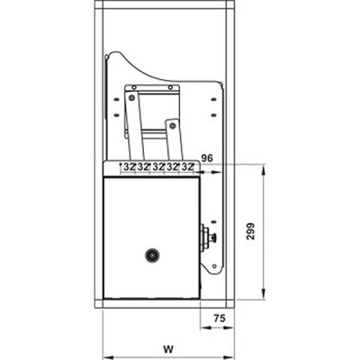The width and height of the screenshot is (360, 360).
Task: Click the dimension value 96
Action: coord(206,158)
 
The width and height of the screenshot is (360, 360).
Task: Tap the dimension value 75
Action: coord(219,317)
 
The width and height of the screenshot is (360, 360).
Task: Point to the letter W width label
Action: coord(167,344)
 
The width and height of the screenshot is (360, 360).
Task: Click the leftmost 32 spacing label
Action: coord(129,167)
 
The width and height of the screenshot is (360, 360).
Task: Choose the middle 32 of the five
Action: coord(158,167)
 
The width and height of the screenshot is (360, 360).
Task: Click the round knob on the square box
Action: coord(150,256)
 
